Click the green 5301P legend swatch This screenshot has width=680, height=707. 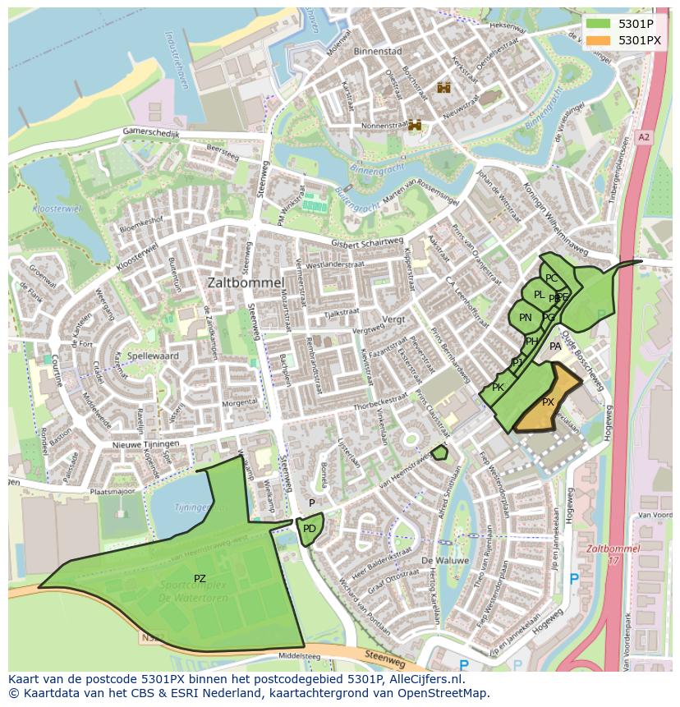click(x=599, y=25)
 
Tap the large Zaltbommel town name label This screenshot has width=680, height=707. click(x=246, y=282)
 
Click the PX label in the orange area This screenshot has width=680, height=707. click(x=548, y=402)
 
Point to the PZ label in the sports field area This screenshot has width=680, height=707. click(x=200, y=579)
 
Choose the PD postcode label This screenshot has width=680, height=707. click(x=309, y=529)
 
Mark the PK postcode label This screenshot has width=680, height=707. click(x=498, y=388)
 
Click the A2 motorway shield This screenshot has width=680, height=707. click(x=643, y=137)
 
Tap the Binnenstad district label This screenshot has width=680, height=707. click(x=377, y=51)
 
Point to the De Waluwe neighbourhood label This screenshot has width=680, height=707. click(x=444, y=561)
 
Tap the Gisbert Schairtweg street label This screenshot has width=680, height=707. click(x=367, y=243)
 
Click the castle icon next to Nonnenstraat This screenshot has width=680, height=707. click(x=416, y=125)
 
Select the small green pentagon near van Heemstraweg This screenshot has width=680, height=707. click(x=440, y=452)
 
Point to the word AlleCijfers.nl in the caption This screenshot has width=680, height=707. click(x=422, y=680)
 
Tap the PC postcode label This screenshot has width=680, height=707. click(x=551, y=278)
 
